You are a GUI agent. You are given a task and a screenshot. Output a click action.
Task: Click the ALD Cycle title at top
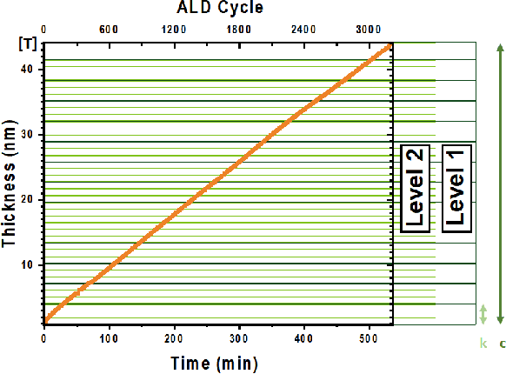point(221,9)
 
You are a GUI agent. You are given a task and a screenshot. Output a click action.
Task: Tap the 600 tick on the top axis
point(109,29)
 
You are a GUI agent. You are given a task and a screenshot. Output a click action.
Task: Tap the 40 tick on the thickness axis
point(28,70)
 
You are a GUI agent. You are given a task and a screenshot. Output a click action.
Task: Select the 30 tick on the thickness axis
point(28,135)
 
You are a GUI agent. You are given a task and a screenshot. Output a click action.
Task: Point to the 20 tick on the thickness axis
point(28,199)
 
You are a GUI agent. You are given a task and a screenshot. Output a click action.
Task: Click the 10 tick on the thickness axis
point(28,264)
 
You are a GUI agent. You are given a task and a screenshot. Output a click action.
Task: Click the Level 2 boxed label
point(414,189)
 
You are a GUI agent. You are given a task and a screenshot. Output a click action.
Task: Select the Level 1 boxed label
point(456,189)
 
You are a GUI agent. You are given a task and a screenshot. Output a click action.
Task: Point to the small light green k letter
point(483,344)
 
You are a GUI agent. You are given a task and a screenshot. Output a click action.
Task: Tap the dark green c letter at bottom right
point(502,344)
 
